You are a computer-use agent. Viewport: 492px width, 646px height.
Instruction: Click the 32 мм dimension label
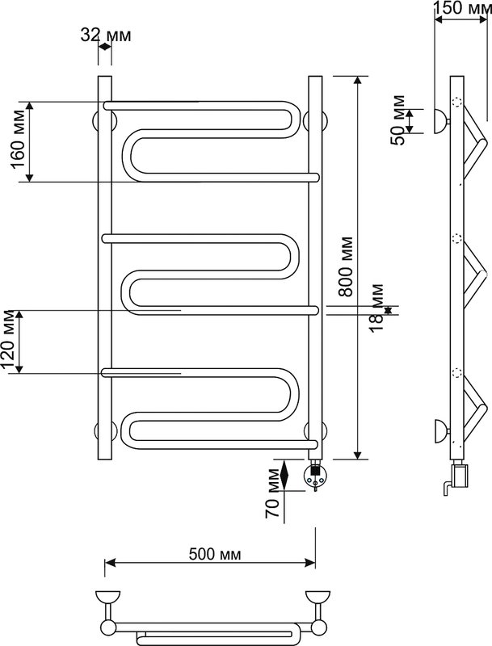pyautogui.click(x=106, y=36)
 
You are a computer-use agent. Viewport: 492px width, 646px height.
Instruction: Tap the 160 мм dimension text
pyautogui.click(x=19, y=140)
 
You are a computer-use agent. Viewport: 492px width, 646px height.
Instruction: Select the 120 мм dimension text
pyautogui.click(x=9, y=341)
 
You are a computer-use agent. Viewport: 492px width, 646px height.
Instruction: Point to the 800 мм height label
pyautogui.click(x=346, y=266)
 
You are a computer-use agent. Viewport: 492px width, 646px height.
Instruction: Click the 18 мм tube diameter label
pyautogui.click(x=376, y=308)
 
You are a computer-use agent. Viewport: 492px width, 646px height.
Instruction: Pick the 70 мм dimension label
pyautogui.click(x=272, y=493)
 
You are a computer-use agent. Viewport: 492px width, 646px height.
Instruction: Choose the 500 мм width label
pyautogui.click(x=215, y=554)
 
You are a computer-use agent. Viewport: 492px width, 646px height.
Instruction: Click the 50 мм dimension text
pyautogui.click(x=398, y=120)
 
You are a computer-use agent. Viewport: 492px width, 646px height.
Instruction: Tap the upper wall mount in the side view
pyautogui.click(x=441, y=122)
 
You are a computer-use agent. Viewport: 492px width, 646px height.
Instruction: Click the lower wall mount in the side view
pyautogui.click(x=441, y=431)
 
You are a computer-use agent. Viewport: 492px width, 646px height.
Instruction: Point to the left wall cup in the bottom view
pyautogui.click(x=107, y=598)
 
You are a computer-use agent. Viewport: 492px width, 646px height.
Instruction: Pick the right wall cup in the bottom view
pyautogui.click(x=317, y=598)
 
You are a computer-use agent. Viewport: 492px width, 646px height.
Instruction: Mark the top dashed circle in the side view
pyautogui.click(x=457, y=102)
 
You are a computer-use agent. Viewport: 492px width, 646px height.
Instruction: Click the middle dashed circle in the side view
pyautogui.click(x=457, y=238)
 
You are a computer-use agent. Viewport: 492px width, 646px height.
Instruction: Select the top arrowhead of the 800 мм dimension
pyautogui.click(x=358, y=82)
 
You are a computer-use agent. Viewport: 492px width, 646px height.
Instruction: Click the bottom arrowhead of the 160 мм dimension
pyautogui.click(x=29, y=177)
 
